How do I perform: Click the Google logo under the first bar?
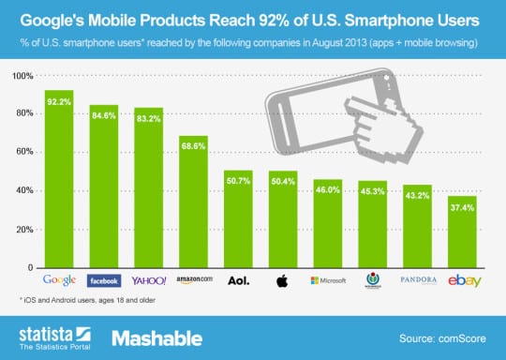tap(59, 280)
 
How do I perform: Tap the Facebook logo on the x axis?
tap(104, 280)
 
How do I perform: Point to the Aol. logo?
tap(237, 280)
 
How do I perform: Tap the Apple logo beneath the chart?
tap(282, 280)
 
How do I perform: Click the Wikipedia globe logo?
tap(371, 280)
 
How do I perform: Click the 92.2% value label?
tap(59, 100)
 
